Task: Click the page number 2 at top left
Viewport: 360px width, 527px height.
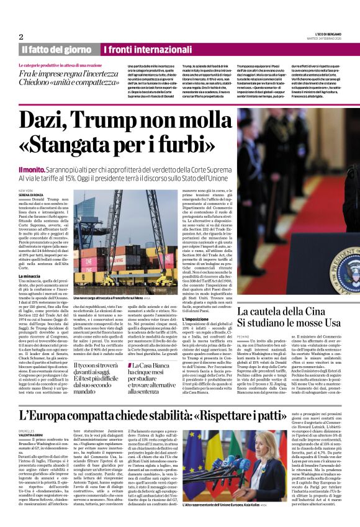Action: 21,37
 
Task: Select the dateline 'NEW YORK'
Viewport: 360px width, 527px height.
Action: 25,191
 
